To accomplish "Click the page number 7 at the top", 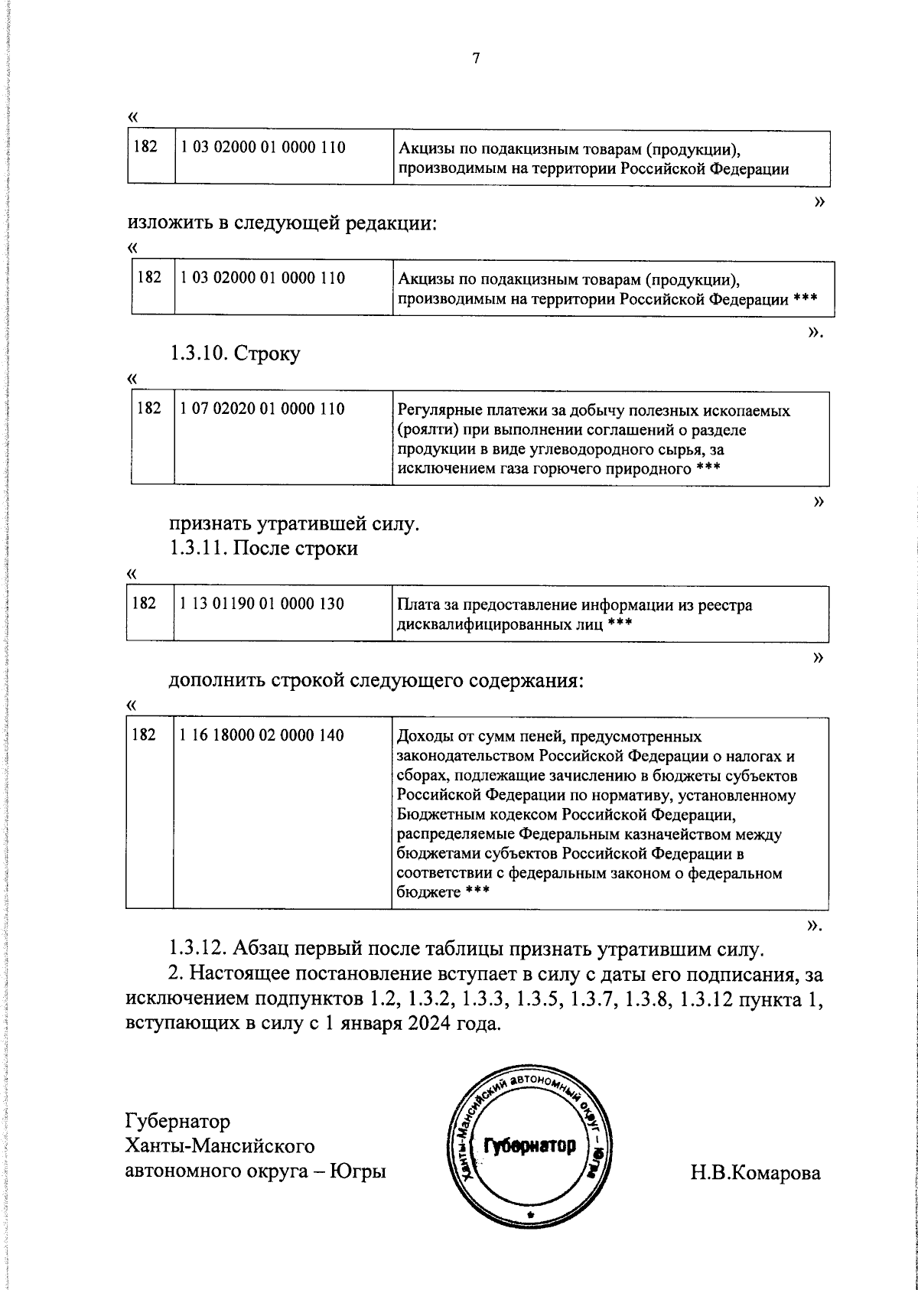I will [476, 59].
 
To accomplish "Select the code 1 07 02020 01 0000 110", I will [262, 409].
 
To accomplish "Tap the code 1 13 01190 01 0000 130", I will [262, 604].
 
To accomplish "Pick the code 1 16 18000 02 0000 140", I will [262, 735].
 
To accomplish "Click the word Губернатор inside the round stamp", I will [529, 1145].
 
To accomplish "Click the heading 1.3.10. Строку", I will [235, 353].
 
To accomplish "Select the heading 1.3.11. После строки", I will [263, 549].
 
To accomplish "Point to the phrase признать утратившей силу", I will [294, 525].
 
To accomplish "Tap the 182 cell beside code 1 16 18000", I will [145, 735].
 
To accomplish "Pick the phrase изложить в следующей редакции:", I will [282, 223].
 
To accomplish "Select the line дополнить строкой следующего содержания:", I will [376, 680].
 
